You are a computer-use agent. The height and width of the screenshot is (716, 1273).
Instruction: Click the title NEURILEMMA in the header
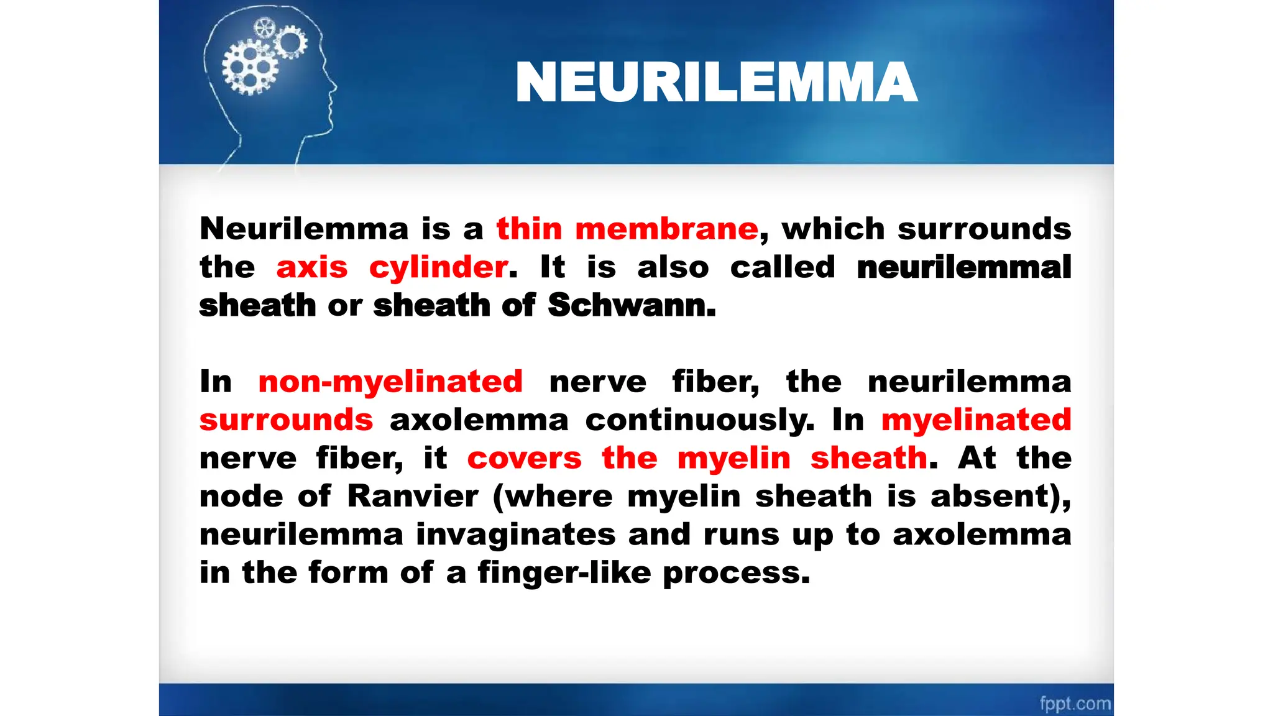716,82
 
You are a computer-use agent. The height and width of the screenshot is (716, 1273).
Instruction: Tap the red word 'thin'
529,229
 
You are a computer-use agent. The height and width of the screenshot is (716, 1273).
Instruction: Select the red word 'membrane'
666,229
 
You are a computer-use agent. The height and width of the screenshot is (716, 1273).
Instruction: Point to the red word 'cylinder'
438,268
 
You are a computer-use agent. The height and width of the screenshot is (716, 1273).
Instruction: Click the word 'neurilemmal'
963,267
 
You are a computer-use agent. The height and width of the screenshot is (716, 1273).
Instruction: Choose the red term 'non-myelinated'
390,381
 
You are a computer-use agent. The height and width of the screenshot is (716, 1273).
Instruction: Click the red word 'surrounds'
286,420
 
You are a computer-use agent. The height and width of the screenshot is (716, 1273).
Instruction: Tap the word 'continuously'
699,420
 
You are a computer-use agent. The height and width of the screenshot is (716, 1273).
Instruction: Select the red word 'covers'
524,458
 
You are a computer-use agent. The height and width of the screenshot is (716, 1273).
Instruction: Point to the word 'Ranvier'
413,496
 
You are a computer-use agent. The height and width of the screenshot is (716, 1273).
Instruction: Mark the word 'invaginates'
515,535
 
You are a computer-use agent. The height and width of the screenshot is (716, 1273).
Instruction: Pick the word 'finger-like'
564,572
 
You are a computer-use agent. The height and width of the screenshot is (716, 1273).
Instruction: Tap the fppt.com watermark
1075,704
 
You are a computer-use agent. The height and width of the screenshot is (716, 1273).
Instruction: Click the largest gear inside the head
250,67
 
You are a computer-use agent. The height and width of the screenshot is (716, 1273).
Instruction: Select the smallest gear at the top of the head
265,28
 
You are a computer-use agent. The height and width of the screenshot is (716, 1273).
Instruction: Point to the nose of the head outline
335,87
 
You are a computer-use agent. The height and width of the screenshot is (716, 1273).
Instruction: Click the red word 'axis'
311,268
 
